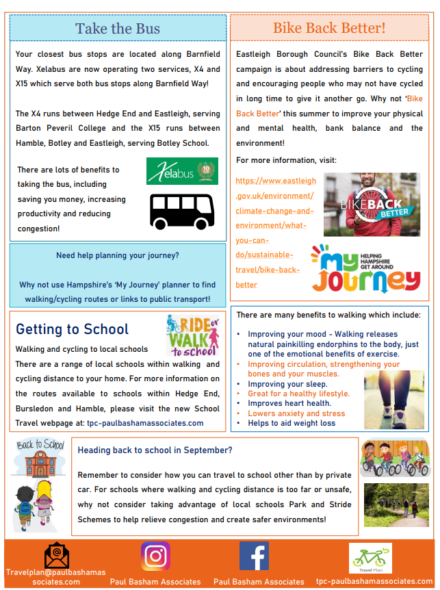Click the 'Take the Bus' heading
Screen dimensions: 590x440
118,28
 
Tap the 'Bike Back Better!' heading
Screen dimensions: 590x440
329,28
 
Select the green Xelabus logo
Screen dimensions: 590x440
182,171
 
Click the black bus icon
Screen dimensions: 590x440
182,211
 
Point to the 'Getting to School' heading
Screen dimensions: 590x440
72,329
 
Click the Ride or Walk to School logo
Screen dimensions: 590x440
193,336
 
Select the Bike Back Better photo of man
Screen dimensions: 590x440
371,205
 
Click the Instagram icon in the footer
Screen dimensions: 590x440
155,556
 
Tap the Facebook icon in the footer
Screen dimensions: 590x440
254,556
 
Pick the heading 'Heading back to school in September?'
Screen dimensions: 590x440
155,450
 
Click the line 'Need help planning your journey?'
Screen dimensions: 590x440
118,256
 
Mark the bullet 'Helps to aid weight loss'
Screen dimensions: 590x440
292,423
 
